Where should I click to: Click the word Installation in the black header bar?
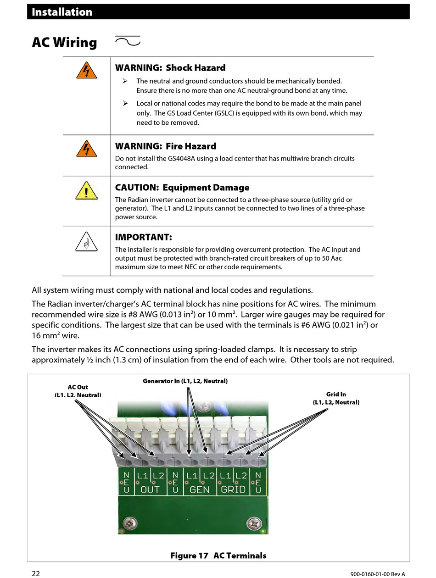[62, 12]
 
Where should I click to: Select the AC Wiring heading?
[64, 43]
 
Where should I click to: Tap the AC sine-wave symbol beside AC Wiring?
[128, 41]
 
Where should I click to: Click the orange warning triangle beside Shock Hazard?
[86, 71]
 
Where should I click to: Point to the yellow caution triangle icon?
[86, 190]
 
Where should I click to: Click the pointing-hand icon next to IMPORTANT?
[86, 242]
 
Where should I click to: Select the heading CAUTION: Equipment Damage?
[182, 188]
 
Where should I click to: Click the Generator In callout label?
[185, 381]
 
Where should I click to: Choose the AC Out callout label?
[78, 391]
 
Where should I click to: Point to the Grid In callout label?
[336, 398]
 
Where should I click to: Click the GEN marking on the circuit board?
[200, 489]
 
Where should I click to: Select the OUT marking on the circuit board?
[150, 489]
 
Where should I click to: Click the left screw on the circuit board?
[131, 522]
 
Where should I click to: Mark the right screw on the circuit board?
[254, 522]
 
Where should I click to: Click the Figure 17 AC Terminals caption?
[218, 556]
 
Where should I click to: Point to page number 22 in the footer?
[36, 573]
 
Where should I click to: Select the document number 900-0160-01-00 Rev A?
[377, 574]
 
